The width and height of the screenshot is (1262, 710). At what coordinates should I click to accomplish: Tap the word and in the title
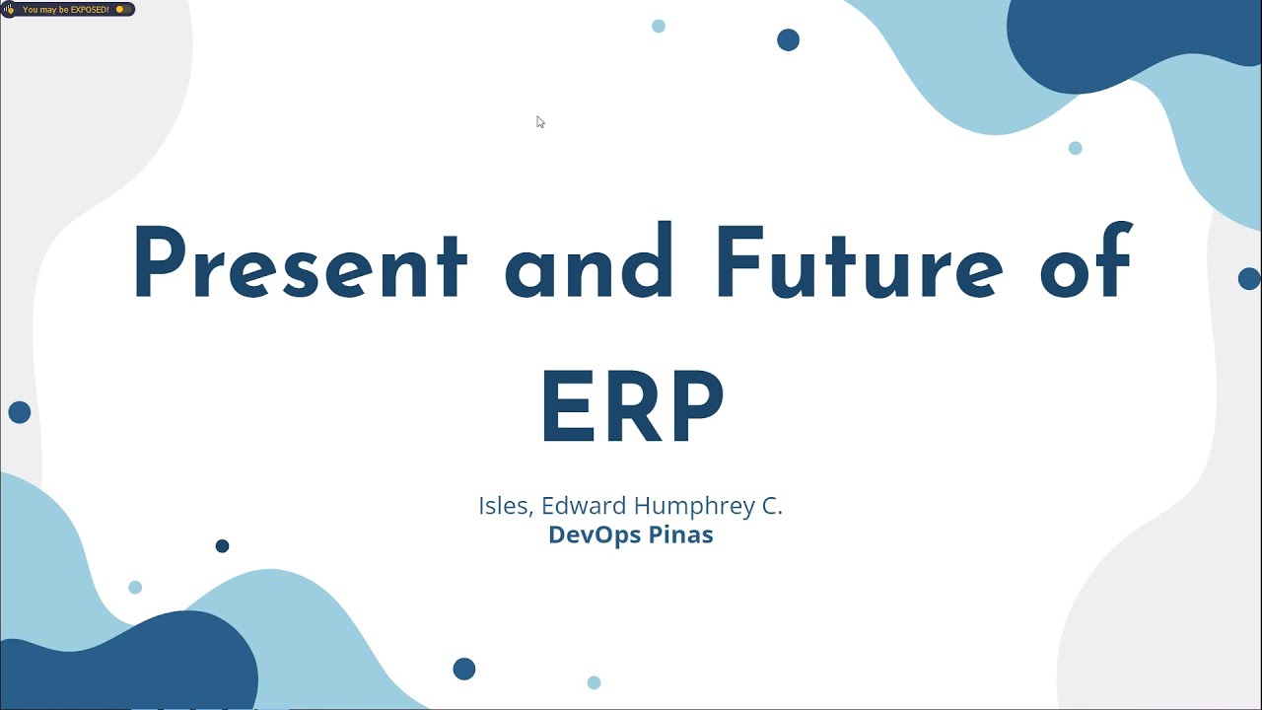(x=589, y=264)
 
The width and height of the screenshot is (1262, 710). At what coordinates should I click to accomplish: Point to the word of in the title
(x=1086, y=264)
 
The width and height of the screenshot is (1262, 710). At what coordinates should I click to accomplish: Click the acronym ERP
(x=632, y=407)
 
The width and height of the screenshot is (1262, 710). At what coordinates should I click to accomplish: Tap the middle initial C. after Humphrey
(x=771, y=506)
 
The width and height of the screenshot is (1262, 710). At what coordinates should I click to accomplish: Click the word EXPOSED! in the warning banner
(x=90, y=10)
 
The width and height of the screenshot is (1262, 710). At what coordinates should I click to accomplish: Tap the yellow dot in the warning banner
(x=120, y=10)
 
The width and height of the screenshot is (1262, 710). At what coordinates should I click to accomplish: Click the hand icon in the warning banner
(x=10, y=10)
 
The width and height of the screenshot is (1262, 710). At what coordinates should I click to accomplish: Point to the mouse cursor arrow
(x=539, y=120)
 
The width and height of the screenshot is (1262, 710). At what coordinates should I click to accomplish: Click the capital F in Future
(x=736, y=264)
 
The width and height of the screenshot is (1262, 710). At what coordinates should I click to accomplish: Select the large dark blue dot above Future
(x=788, y=40)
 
